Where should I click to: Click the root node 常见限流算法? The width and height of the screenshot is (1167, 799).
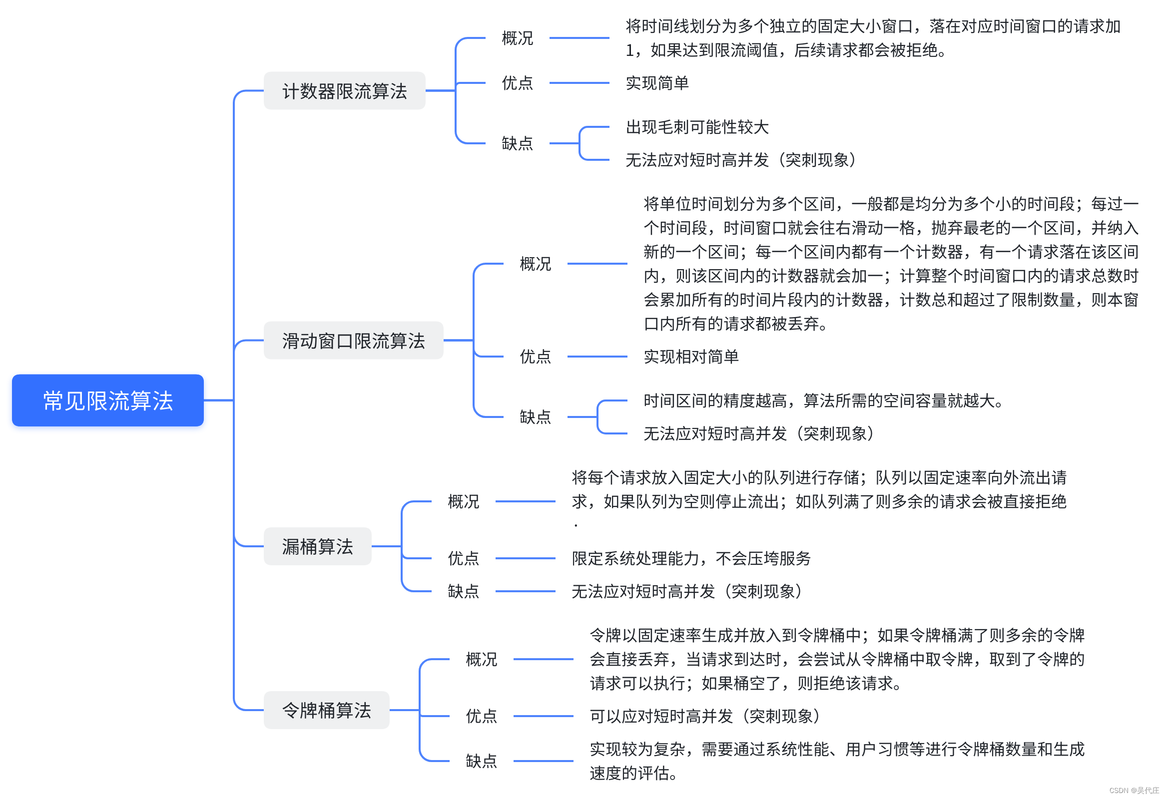[x=107, y=400]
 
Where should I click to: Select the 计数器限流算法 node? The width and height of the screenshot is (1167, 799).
[x=345, y=91]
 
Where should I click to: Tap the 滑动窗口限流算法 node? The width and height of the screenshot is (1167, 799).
[x=353, y=340]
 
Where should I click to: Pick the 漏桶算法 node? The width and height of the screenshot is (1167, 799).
[x=317, y=546]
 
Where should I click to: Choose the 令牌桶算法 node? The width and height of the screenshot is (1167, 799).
[x=326, y=710]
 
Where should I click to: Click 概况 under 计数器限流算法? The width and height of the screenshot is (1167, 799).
[x=517, y=38]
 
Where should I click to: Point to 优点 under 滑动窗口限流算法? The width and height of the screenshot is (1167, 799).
[x=536, y=357]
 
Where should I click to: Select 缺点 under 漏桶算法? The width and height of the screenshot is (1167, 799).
[x=463, y=591]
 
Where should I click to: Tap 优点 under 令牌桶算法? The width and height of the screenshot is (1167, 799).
[x=481, y=716]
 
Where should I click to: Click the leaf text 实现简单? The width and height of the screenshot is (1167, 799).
[x=657, y=83]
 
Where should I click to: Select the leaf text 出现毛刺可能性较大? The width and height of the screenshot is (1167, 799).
[x=697, y=127]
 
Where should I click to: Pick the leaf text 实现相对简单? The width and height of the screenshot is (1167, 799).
[x=691, y=357]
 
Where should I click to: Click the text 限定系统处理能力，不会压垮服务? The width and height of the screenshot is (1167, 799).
[x=691, y=558]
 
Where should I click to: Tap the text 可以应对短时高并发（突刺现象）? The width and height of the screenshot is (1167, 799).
[x=705, y=716]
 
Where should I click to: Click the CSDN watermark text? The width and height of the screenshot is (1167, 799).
[x=1134, y=791]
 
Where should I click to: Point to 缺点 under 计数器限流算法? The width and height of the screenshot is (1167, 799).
[x=517, y=143]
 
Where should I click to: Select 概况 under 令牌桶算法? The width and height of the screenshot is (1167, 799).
[x=481, y=659]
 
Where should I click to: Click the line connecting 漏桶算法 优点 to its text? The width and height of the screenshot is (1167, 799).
[x=525, y=558]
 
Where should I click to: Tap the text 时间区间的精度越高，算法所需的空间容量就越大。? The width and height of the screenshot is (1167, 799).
[x=823, y=400]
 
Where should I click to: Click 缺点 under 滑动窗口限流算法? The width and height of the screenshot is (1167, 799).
[x=536, y=417]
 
